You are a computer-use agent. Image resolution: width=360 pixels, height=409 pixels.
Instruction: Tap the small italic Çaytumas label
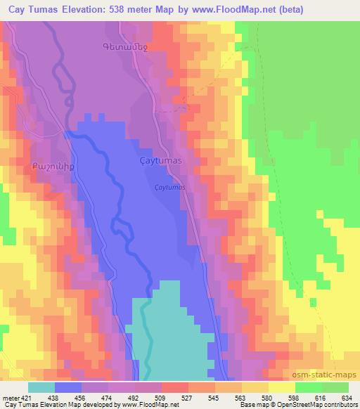click(x=169, y=188)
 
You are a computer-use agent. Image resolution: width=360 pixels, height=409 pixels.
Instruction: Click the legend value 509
click(x=161, y=396)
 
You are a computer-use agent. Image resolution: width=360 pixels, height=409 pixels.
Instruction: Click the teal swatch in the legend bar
click(x=41, y=387)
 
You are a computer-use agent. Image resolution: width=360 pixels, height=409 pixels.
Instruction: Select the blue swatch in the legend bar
click(x=67, y=387)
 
